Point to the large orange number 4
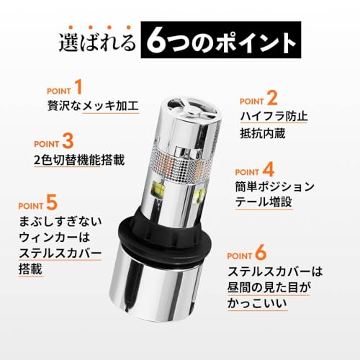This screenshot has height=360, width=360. (268, 170)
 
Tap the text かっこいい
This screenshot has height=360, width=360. (258, 305)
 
